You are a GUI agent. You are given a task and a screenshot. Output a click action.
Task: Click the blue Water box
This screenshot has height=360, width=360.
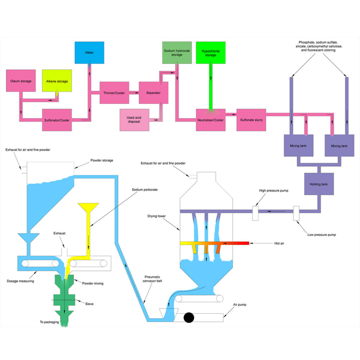coord(89,53)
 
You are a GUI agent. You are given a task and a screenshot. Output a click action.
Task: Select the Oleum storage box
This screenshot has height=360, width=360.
coord(21,81)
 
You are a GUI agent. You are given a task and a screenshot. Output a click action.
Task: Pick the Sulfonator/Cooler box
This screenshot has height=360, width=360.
coord(57,120)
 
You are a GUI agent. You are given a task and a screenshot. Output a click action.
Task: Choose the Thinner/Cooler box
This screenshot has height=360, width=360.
coord(114,92)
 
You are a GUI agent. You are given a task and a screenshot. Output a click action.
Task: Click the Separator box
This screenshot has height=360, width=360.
coord(153,92)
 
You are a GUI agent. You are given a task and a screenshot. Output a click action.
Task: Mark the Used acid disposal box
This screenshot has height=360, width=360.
coord(134,120)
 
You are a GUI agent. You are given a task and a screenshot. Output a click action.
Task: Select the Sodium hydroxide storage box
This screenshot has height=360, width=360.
coord(177,53)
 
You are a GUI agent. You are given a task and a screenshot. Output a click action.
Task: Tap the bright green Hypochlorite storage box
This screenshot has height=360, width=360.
coord(211,53)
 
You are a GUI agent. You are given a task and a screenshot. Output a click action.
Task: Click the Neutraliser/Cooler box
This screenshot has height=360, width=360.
coord(211,120)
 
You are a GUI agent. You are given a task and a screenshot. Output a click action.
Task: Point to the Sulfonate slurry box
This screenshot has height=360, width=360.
coord(251,120)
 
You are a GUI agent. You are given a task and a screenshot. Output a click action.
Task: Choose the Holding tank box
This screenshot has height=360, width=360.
coord(319,184)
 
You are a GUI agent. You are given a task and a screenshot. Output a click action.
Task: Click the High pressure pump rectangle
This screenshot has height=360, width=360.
coord(255,213)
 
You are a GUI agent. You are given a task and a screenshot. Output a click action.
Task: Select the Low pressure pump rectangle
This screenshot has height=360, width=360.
coord(296,213)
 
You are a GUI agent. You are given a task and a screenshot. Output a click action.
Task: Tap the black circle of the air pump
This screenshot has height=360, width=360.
coord(189,317)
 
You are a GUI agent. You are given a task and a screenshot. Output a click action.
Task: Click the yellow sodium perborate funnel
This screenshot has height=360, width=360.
coord(88,208)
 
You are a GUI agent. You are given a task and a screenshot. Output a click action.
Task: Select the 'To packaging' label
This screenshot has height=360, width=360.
coord(49,322)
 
